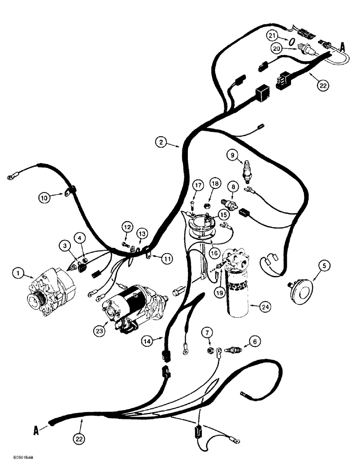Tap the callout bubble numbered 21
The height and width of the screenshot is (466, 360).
point(272,35)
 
